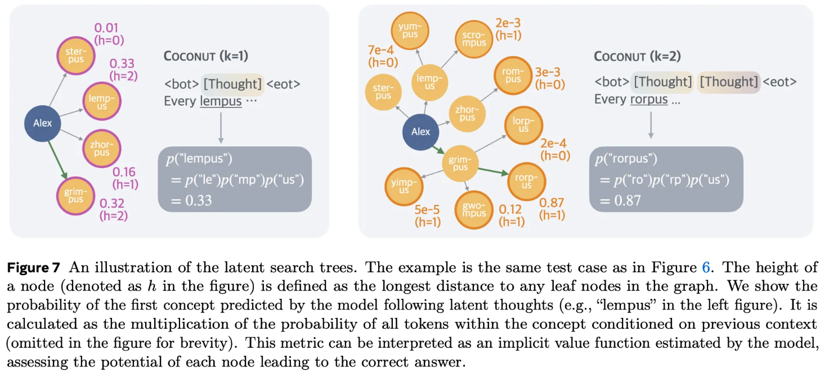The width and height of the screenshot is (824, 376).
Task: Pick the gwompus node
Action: coord(474,209)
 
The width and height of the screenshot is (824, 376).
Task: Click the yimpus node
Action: coord(404,186)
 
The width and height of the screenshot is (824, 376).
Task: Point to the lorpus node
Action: coord(523,125)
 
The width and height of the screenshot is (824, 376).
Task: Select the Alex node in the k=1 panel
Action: coord(43,122)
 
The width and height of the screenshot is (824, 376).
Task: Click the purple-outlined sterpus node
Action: coord(75,55)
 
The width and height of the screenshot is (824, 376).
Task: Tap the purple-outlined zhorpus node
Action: coord(102,149)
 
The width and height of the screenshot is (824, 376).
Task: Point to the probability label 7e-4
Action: coord(380,51)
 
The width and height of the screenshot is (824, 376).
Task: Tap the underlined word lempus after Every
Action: coord(221,101)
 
